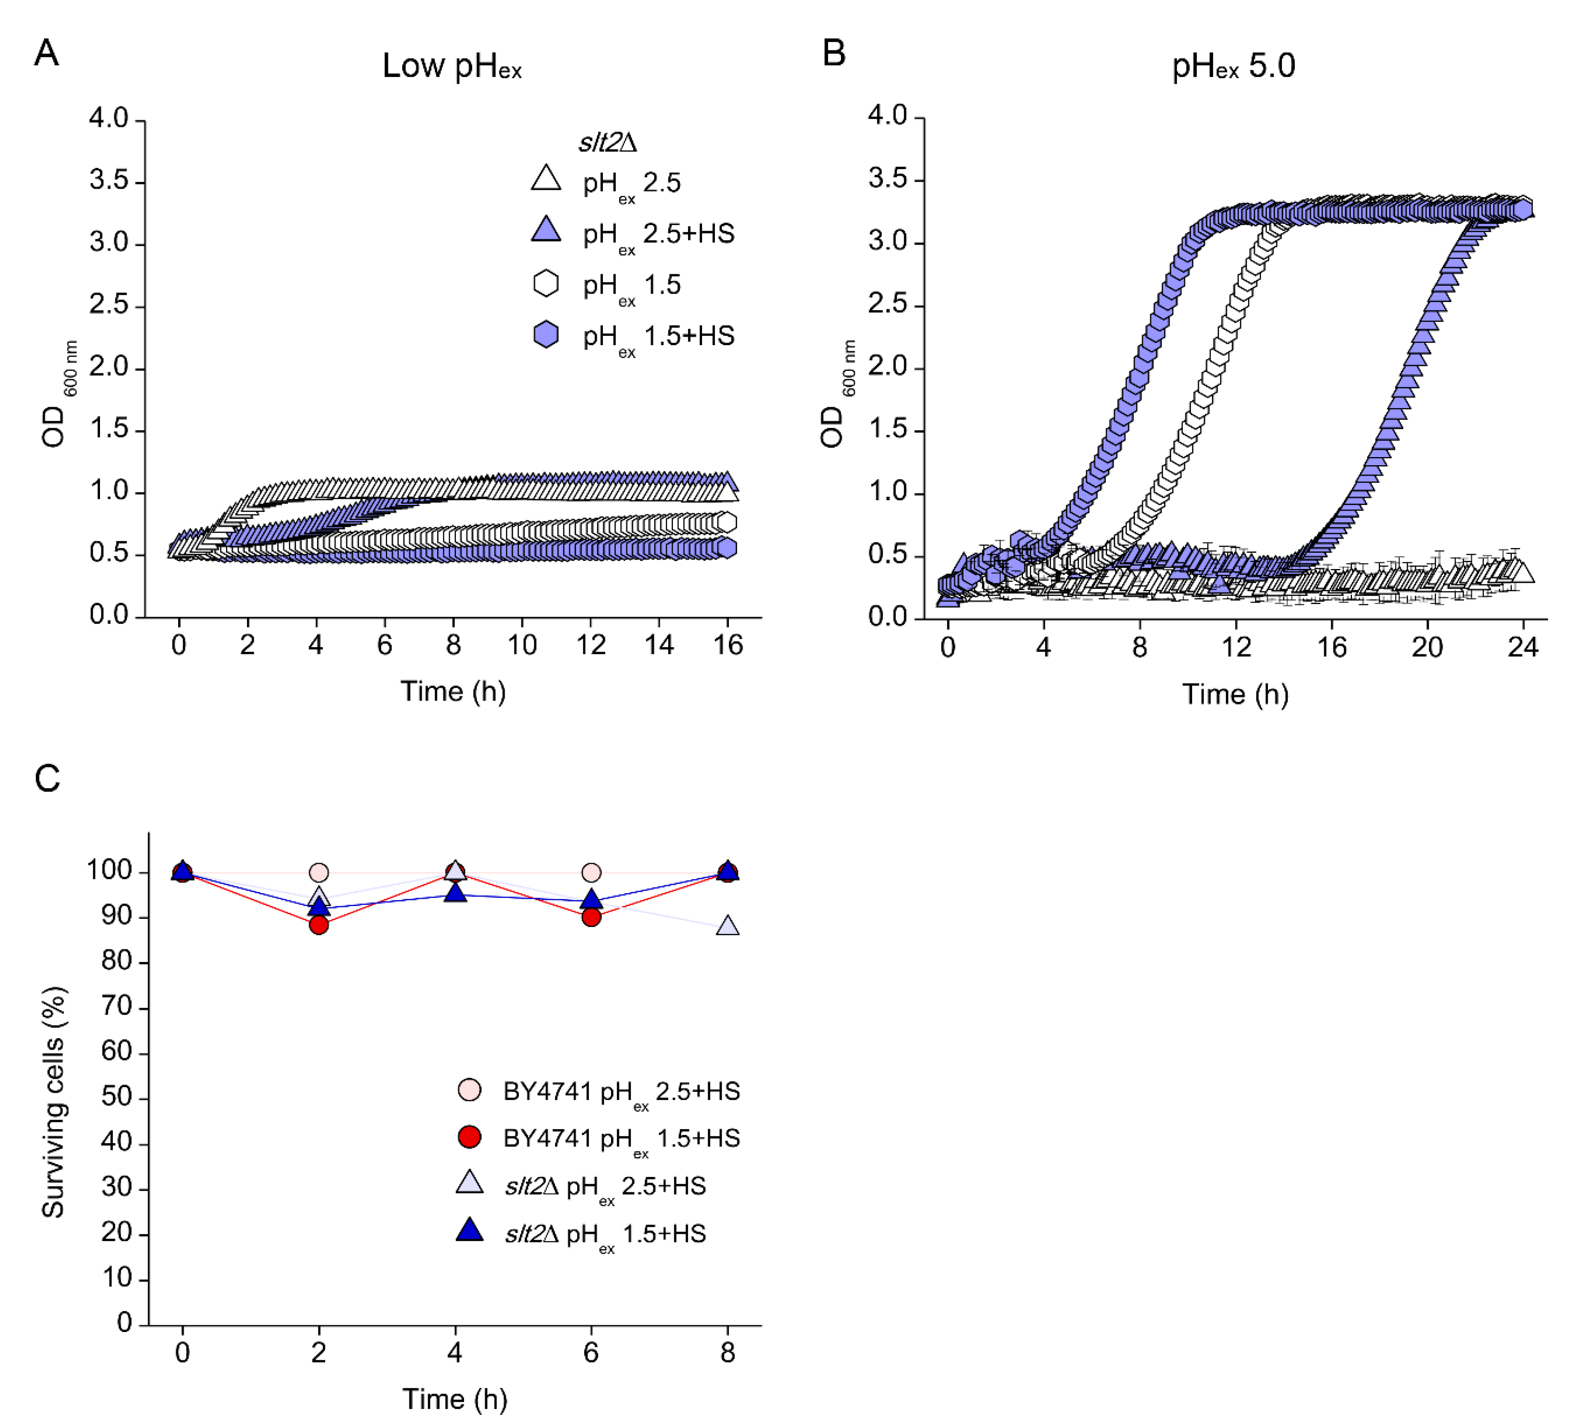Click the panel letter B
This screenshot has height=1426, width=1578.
[834, 53]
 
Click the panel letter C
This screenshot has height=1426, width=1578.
[47, 779]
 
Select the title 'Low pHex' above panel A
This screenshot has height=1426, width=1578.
[452, 66]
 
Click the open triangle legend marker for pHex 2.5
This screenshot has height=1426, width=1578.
[546, 179]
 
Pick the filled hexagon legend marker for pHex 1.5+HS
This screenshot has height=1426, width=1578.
[546, 334]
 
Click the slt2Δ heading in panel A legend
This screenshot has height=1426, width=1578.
[608, 142]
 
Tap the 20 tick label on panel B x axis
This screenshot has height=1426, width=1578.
[1427, 647]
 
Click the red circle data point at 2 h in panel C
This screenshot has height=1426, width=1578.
[319, 924]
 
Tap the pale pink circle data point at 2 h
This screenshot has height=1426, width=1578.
[319, 872]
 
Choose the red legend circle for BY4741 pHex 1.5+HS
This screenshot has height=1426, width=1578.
[469, 1137]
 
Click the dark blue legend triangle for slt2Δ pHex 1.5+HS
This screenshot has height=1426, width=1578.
[469, 1230]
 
